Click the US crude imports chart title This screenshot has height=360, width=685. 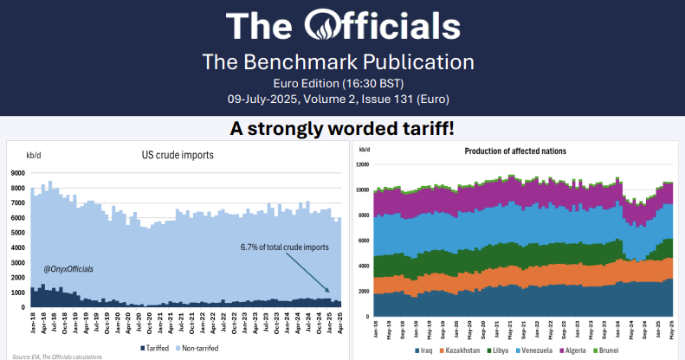178,155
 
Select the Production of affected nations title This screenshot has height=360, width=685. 515,151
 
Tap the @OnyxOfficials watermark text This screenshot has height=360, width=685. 68,269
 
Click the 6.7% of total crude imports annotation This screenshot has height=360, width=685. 285,247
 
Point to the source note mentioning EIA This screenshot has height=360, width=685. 52,357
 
